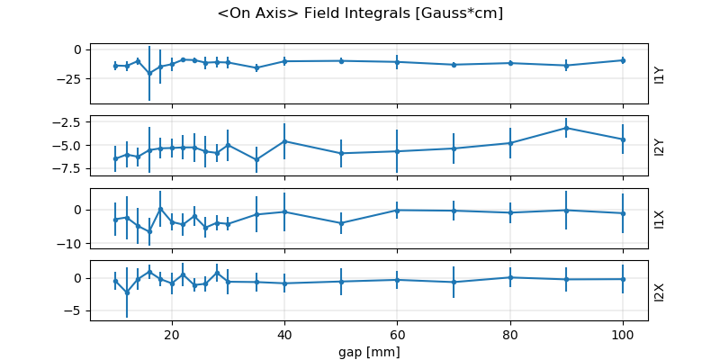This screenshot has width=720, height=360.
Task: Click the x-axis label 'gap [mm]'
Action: (370, 351)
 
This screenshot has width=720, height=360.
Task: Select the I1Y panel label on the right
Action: (660, 74)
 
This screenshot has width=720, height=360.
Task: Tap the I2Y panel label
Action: (660, 146)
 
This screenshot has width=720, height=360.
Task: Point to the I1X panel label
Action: (660, 218)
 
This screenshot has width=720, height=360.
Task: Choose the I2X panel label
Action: (660, 290)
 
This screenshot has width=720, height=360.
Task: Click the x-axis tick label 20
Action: (172, 335)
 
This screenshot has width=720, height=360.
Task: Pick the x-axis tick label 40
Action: (284, 335)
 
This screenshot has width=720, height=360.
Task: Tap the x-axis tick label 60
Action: (397, 335)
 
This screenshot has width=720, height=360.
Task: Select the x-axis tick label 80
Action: (510, 335)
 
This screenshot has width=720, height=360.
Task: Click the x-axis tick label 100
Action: (623, 335)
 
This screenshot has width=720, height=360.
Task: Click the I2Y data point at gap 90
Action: (566, 128)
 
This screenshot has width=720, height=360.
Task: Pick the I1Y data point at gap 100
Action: (623, 60)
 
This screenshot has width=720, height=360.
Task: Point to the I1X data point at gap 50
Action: (341, 223)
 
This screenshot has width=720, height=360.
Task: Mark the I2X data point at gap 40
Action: (284, 283)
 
